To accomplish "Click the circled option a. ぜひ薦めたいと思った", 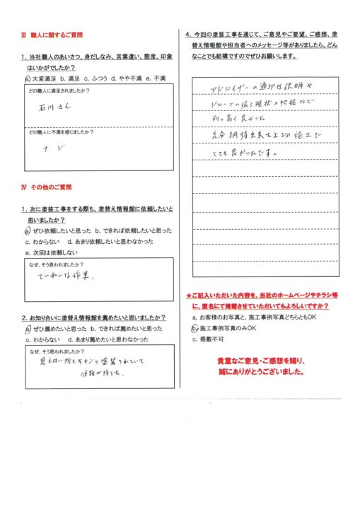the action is click(x=53, y=329).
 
